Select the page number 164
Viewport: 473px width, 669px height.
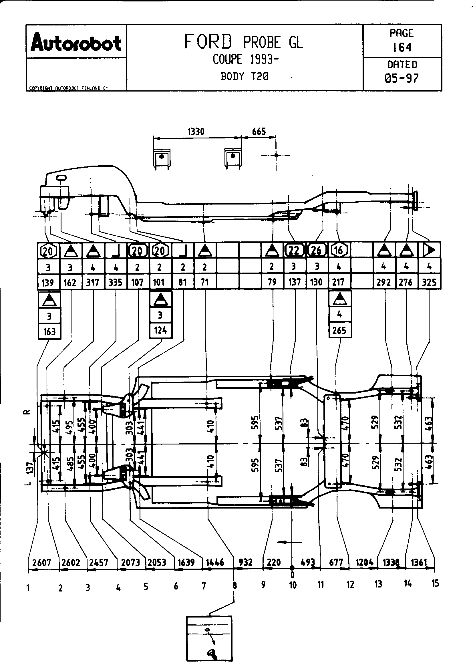(x=402, y=47)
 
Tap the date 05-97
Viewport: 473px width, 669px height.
(x=402, y=78)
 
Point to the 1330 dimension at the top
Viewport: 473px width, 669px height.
(x=196, y=132)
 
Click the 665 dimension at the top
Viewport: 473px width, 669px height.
(x=259, y=131)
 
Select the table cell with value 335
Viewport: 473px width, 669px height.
(x=115, y=282)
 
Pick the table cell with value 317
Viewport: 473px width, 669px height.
(x=93, y=282)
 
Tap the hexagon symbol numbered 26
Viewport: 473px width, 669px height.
(x=317, y=250)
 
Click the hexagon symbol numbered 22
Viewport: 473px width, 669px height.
(x=294, y=250)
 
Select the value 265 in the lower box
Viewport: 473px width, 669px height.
(x=339, y=330)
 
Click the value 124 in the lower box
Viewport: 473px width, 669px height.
(x=160, y=330)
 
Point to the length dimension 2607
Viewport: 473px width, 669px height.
(x=42, y=562)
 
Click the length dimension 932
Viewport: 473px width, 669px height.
(x=245, y=562)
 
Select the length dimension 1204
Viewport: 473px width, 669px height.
(x=364, y=562)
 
